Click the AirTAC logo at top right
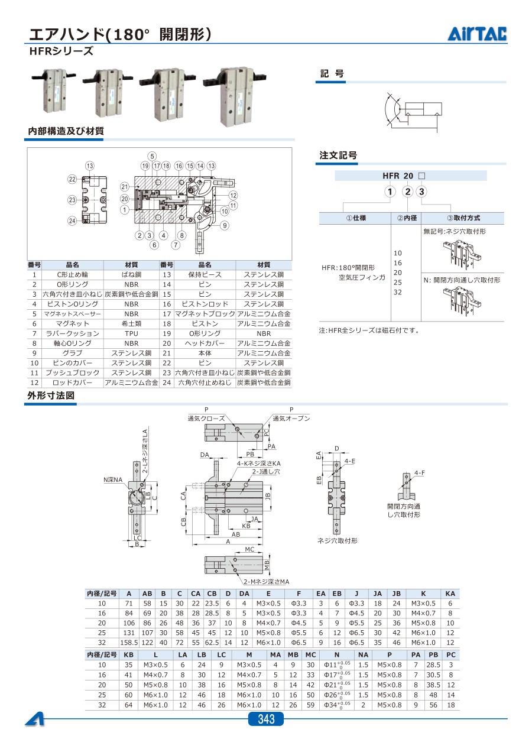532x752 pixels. click(x=477, y=34)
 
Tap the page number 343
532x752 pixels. click(x=266, y=719)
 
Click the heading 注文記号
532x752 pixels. click(x=338, y=155)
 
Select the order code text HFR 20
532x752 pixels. click(x=398, y=176)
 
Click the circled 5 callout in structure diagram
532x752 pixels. click(x=152, y=156)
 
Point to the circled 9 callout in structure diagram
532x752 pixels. click(x=225, y=225)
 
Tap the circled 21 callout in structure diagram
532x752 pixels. click(x=125, y=187)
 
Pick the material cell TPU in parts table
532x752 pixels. click(x=131, y=333)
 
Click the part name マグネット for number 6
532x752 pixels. click(x=72, y=323)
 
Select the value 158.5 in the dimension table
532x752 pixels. click(x=129, y=643)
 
